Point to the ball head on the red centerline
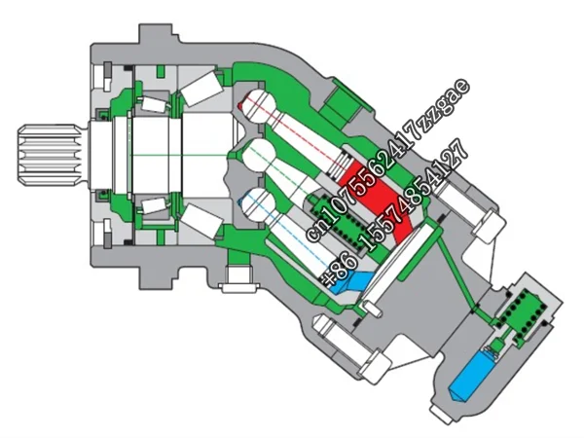[256, 104]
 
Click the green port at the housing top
[345, 98]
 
